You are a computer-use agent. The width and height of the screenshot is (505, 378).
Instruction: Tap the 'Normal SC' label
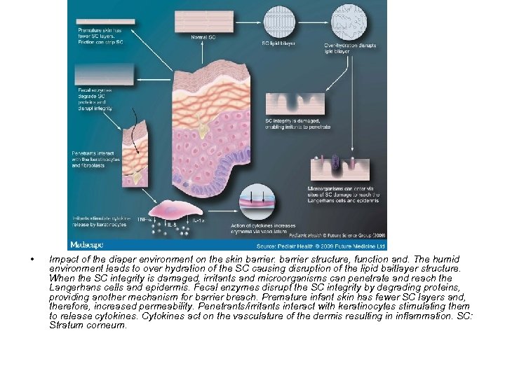pyautogui.click(x=203, y=36)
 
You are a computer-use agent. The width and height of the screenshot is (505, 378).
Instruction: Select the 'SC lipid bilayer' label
pyautogui.click(x=278, y=43)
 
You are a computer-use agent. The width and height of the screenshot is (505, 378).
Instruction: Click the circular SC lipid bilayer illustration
pyautogui.click(x=278, y=20)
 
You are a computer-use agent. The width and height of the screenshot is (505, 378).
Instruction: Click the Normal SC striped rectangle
pyautogui.click(x=203, y=20)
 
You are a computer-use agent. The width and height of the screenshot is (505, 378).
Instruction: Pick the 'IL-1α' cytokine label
pyautogui.click(x=199, y=220)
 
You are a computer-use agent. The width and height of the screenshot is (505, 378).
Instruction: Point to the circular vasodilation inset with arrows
pyautogui.click(x=257, y=203)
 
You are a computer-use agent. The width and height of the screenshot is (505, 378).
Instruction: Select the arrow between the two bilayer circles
pyautogui.click(x=315, y=20)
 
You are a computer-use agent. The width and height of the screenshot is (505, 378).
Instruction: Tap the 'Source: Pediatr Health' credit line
pyautogui.click(x=321, y=246)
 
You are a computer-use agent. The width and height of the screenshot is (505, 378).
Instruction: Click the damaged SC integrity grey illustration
pyautogui.click(x=293, y=102)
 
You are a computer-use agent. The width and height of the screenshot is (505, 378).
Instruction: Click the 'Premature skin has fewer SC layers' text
pyautogui.click(x=100, y=34)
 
